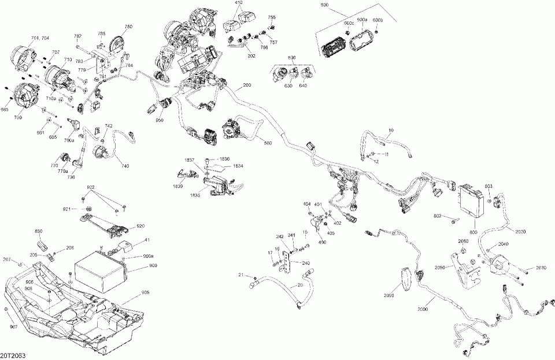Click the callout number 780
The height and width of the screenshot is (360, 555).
(x=128, y=27)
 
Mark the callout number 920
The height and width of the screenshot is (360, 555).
(x=140, y=226)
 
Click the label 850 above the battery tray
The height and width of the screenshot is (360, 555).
(x=39, y=231)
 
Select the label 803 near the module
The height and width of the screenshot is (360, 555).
(x=488, y=185)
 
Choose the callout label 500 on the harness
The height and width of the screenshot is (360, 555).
(x=268, y=143)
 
